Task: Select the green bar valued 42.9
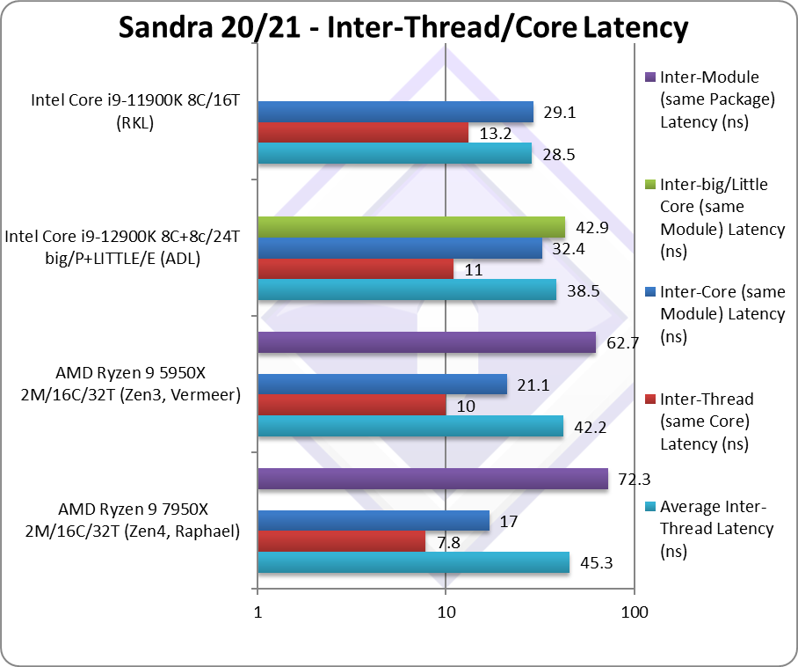(410, 227)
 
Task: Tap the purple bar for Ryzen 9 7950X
(432, 479)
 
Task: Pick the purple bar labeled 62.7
(426, 342)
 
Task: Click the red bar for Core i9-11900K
(362, 133)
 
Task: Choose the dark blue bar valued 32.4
(399, 249)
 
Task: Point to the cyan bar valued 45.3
(413, 562)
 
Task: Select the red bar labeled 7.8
(341, 541)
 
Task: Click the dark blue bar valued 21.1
(381, 385)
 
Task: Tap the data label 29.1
(559, 113)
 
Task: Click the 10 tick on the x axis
(446, 612)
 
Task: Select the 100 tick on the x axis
(635, 612)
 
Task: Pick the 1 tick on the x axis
(258, 612)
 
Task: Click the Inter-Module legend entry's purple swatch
(650, 77)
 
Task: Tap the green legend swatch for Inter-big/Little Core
(650, 185)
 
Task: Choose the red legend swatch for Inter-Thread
(650, 399)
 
